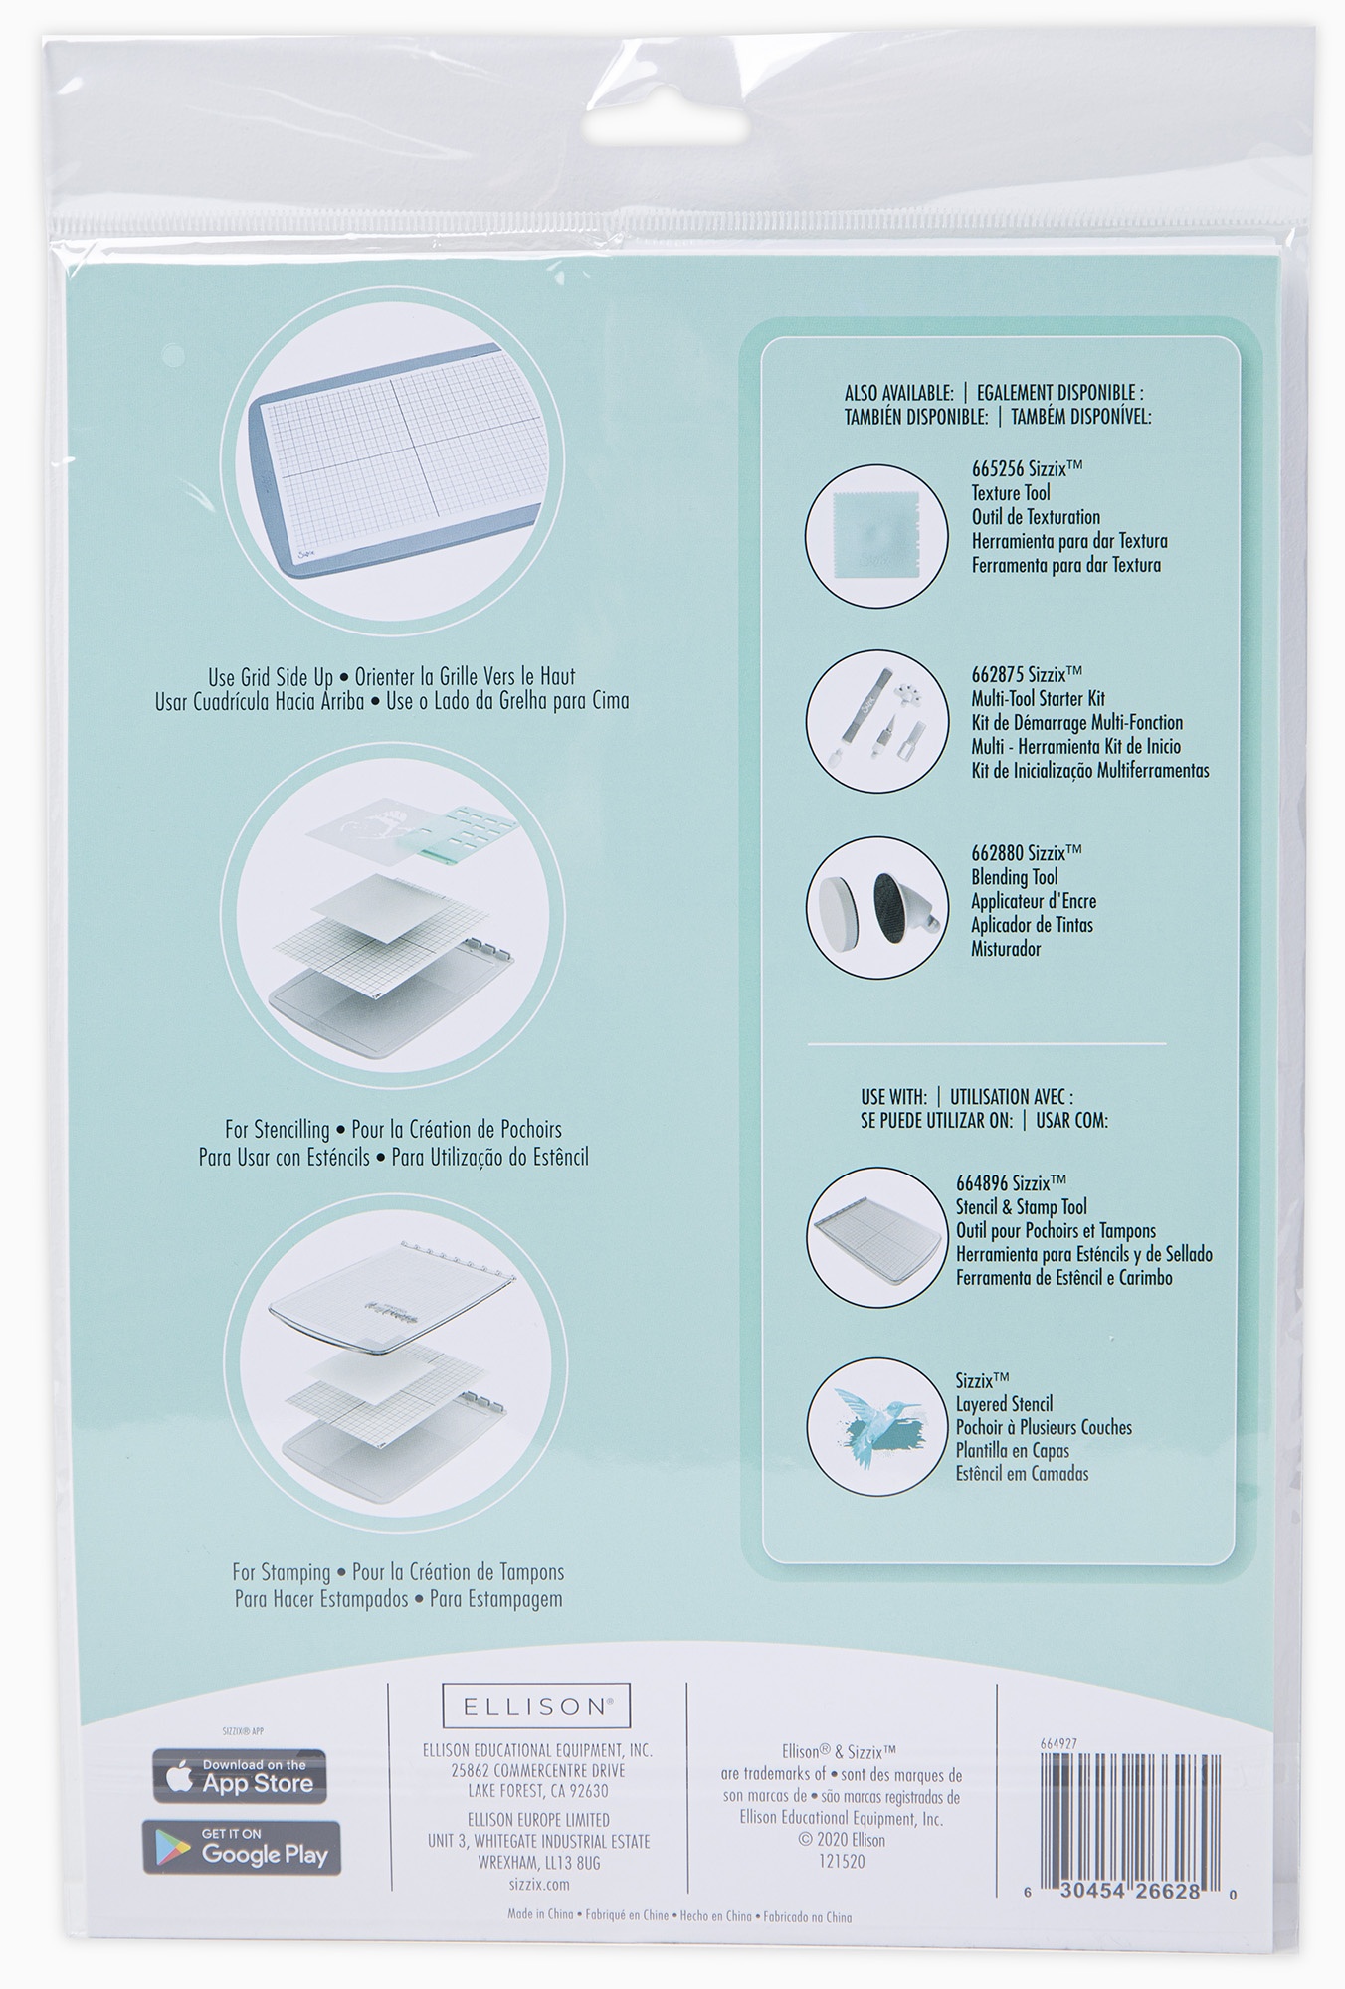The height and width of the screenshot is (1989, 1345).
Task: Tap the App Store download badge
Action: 239,1776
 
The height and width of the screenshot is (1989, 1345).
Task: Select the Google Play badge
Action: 241,1847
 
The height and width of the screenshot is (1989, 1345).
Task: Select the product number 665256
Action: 998,469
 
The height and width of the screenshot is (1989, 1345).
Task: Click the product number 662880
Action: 998,853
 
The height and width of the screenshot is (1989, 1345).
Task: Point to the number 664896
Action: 983,1183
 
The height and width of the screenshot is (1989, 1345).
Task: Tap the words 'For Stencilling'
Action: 277,1130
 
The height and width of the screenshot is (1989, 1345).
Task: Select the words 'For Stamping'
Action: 282,1572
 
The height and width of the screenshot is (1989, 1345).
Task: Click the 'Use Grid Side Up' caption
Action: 271,678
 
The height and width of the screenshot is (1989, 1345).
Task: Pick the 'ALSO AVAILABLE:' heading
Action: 899,393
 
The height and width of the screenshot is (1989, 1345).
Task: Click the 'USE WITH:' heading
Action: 893,1097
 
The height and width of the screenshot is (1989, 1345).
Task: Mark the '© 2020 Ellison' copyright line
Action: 842,1840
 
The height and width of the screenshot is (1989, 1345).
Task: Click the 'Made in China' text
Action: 540,1916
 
